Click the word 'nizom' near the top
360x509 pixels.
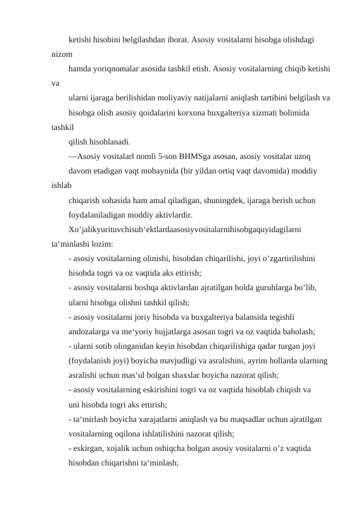[62, 53]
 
